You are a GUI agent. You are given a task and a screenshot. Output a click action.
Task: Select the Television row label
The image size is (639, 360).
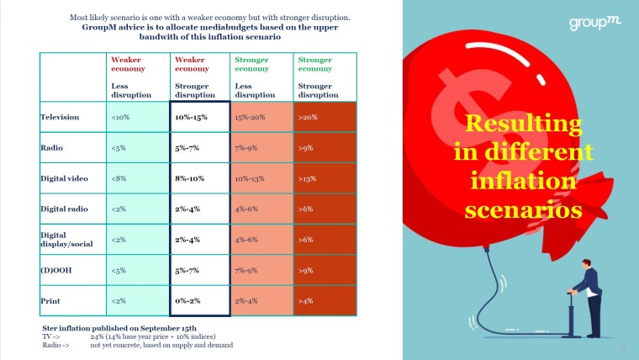click(x=60, y=117)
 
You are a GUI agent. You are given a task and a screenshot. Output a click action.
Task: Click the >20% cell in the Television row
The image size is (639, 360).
click(x=308, y=117)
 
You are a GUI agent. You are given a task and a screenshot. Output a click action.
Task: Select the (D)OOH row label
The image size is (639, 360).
click(x=55, y=269)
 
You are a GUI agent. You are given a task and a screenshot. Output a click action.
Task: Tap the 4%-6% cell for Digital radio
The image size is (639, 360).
click(x=247, y=209)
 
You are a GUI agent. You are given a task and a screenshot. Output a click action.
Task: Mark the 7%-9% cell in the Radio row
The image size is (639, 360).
click(x=247, y=148)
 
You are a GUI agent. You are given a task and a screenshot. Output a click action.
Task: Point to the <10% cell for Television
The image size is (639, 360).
click(x=119, y=117)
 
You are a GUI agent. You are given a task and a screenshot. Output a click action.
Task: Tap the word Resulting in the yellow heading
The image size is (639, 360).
click(x=522, y=125)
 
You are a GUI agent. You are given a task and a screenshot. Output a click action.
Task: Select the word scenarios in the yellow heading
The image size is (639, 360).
click(x=523, y=209)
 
